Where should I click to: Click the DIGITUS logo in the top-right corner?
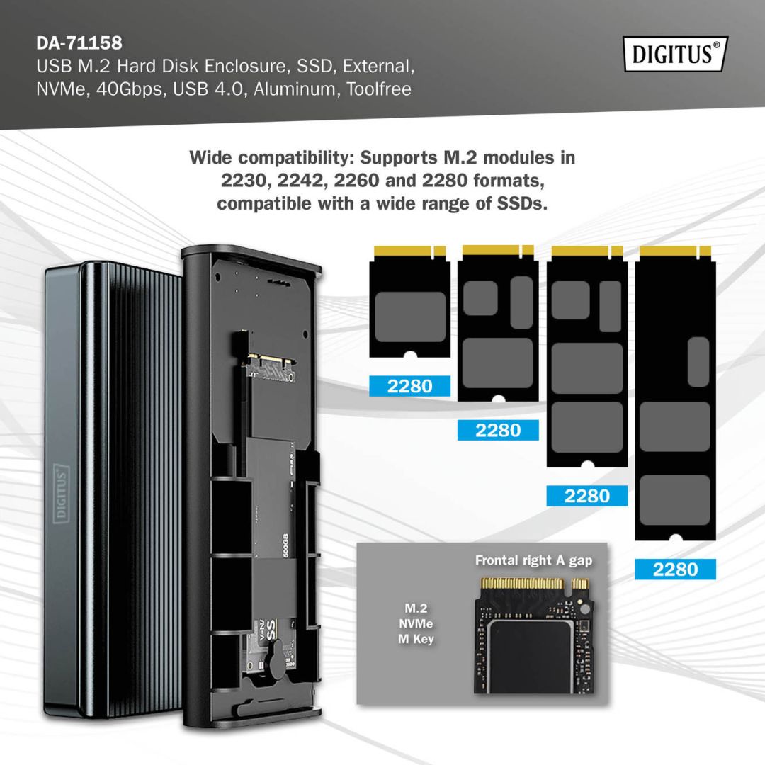coord(676,55)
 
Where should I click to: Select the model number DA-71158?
coord(79,43)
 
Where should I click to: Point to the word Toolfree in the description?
coord(379,90)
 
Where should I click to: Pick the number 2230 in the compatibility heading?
coord(245,181)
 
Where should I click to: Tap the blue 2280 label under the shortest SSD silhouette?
coord(410,386)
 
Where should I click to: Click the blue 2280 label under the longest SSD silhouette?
coord(675,569)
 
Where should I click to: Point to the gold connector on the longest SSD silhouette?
coord(674,251)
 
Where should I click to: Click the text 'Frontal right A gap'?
coord(533,561)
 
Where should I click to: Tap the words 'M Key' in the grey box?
coord(415,640)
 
